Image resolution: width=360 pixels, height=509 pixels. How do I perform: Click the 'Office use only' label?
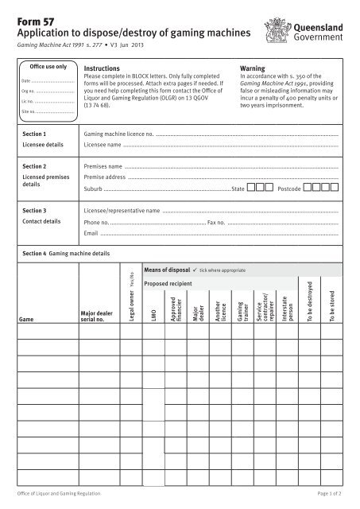[48, 68]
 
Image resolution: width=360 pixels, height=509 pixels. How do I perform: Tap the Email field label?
[91, 235]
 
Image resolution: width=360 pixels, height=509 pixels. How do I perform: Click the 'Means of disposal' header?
[168, 270]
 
